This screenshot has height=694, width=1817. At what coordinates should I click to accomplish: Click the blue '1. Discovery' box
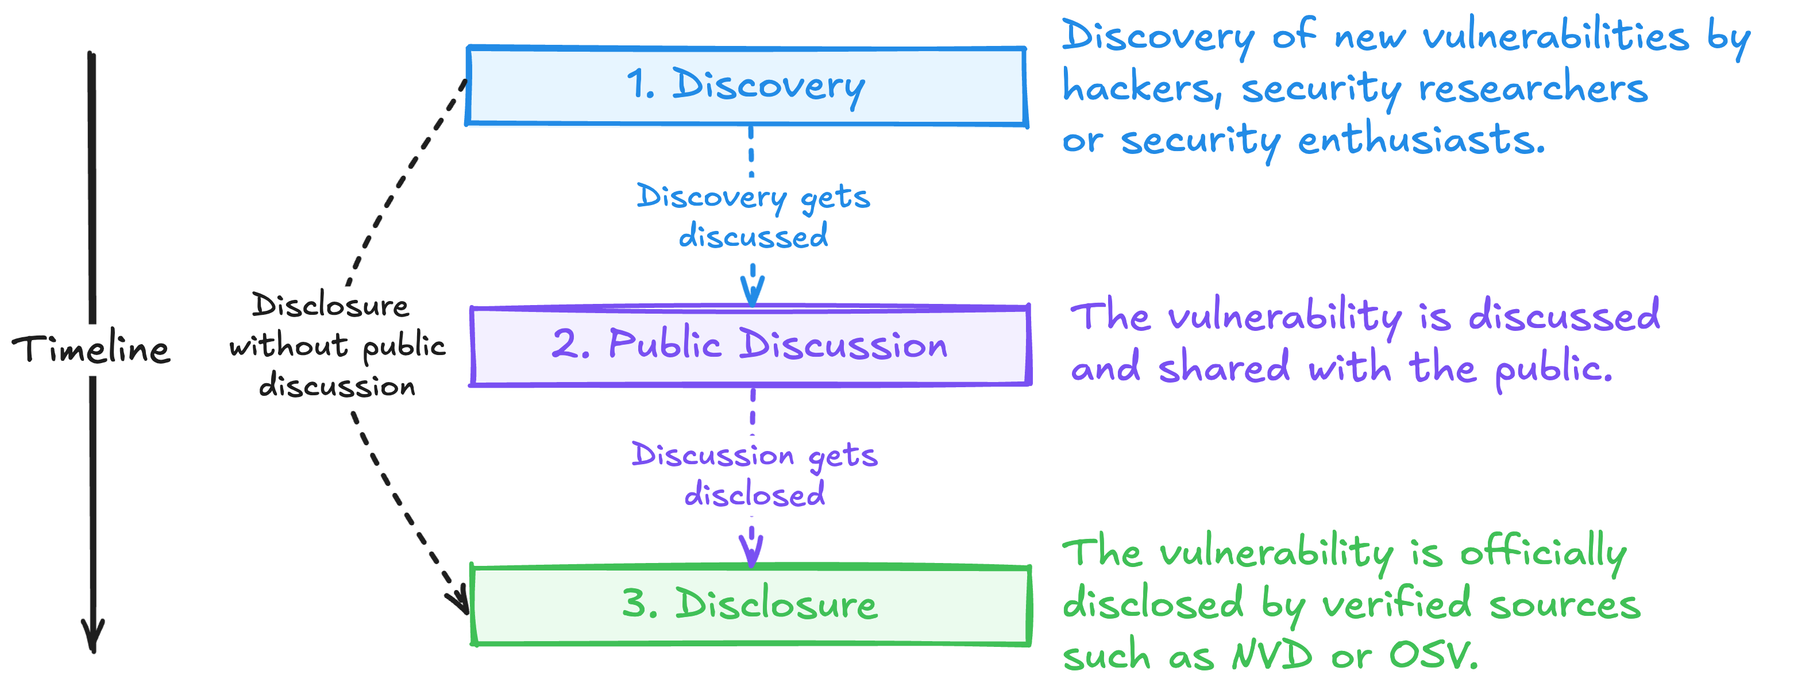tap(746, 86)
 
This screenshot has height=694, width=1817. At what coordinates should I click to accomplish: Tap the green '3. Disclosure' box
tap(750, 605)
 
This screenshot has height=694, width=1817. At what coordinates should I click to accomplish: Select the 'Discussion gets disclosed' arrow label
tap(755, 474)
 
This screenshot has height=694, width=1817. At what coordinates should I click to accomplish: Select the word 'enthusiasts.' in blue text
tap(1421, 140)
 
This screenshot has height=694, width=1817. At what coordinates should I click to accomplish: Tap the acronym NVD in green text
tap(1272, 656)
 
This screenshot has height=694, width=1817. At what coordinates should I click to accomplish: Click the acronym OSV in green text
tap(1432, 656)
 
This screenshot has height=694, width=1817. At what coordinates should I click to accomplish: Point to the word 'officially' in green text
tap(1544, 553)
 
